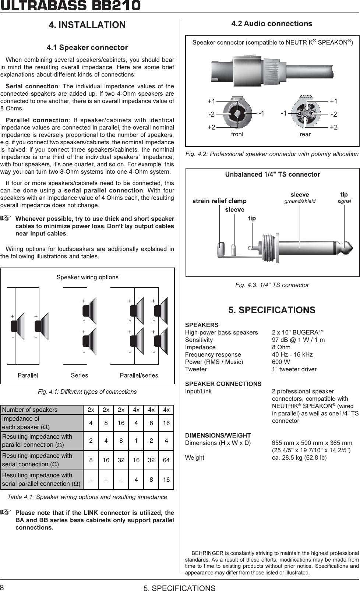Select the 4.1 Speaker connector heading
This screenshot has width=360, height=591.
tap(87, 47)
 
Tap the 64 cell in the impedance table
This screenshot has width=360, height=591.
tap(166, 460)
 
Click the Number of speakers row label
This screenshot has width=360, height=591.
tap(30, 410)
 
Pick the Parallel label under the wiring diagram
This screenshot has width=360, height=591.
tap(28, 375)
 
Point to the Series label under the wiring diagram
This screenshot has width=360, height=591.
tap(80, 375)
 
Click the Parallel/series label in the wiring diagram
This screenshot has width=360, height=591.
tap(139, 375)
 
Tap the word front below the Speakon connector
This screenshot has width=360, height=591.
tap(237, 134)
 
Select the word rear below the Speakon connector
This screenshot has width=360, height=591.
tap(305, 134)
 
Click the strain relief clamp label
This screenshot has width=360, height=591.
tap(219, 201)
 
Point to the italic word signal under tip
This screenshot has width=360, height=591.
tap(344, 201)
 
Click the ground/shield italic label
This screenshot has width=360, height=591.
tap(300, 201)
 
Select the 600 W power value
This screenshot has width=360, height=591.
tap(281, 362)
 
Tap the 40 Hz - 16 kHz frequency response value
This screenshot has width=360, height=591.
tap(292, 354)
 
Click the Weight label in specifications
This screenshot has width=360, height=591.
tap(194, 457)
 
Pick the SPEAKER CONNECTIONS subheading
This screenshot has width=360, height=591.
tap(223, 384)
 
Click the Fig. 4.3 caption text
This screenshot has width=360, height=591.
tap(272, 285)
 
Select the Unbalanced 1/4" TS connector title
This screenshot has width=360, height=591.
tap(272, 174)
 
